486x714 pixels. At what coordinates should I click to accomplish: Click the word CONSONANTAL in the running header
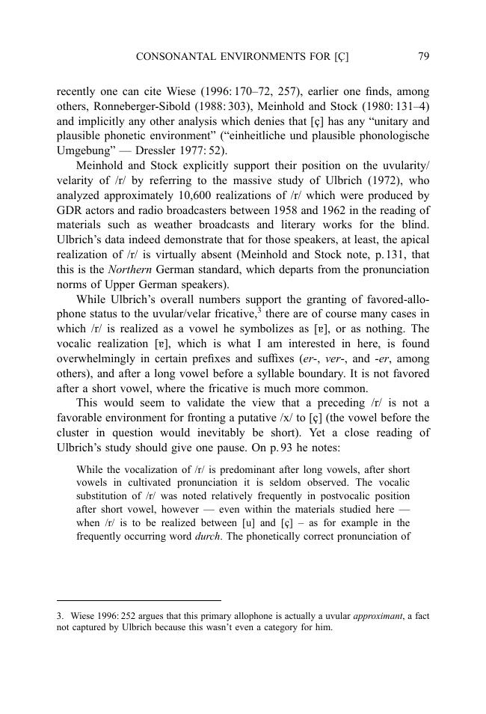tap(168, 56)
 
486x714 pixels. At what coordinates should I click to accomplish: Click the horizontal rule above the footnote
tap(139, 600)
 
